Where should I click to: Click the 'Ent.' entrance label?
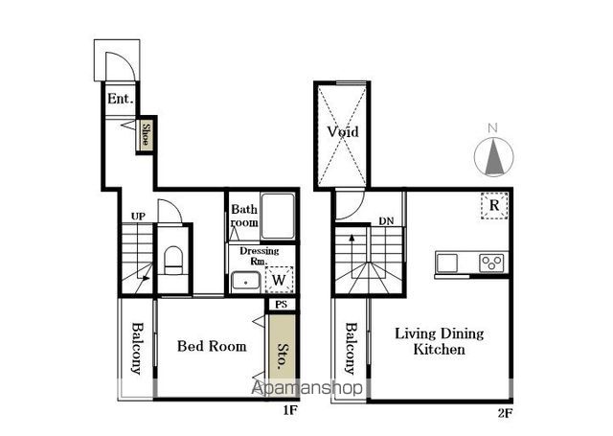click(121, 98)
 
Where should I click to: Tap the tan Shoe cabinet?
click(146, 134)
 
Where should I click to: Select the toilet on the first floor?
click(173, 260)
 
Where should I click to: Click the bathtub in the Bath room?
click(278, 216)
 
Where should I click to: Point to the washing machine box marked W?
click(279, 280)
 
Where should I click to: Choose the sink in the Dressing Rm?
click(246, 282)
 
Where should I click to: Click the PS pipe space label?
click(281, 304)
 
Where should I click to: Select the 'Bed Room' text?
click(212, 346)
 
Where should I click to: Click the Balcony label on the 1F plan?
click(137, 348)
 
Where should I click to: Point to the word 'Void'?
click(343, 131)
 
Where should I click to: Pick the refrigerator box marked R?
click(494, 205)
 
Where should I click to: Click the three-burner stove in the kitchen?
click(491, 263)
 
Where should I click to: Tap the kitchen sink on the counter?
click(447, 263)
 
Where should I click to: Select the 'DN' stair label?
click(386, 221)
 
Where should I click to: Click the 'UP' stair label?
click(138, 217)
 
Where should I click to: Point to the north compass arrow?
click(494, 157)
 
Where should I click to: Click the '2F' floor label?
click(505, 413)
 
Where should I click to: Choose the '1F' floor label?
click(290, 410)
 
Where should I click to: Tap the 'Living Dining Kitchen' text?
click(440, 341)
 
